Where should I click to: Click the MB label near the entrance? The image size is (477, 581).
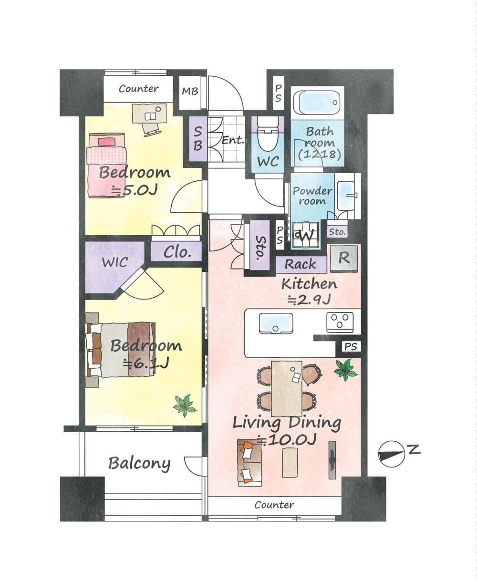190,91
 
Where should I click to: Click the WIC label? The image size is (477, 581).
115,262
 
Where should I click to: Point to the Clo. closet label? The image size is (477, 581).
177,252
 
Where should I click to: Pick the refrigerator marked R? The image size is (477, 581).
344,259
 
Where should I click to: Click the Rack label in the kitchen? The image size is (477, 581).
300,264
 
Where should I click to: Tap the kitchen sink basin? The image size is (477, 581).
276,323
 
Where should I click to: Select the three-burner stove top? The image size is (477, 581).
340,322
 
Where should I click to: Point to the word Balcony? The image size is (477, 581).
139,464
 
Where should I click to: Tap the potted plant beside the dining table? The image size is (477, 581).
345,370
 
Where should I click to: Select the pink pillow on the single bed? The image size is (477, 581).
106,142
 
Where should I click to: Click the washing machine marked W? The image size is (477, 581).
306,235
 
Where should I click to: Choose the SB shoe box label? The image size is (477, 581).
197,138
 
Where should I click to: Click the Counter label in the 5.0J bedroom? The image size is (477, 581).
139,89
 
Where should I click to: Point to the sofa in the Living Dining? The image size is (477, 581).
250,464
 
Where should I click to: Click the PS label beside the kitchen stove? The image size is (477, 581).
351,347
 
